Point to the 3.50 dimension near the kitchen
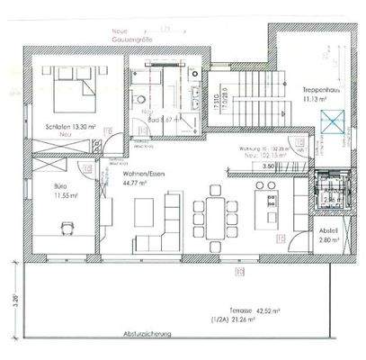267,167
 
